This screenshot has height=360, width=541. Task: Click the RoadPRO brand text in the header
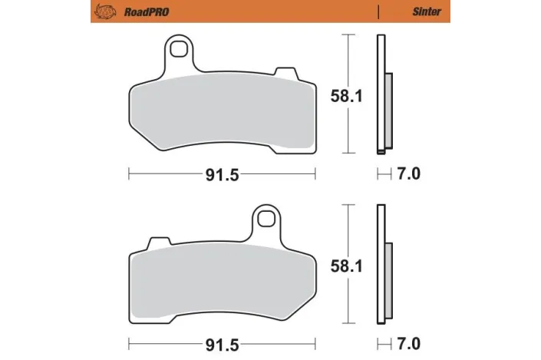pyautogui.click(x=143, y=12)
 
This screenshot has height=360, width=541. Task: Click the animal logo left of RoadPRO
pyautogui.click(x=103, y=12)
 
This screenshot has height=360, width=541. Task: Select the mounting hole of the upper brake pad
pyautogui.click(x=181, y=51)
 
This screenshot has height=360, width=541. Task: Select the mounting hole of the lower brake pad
pyautogui.click(x=266, y=220)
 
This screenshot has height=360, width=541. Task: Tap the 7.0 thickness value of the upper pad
pyautogui.click(x=409, y=174)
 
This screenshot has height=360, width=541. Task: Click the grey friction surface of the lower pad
pyautogui.click(x=222, y=280)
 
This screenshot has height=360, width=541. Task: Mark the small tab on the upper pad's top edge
pyautogui.click(x=286, y=72)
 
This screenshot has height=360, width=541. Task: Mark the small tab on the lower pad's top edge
pyautogui.click(x=157, y=243)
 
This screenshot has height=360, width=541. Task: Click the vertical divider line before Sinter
pyautogui.click(x=378, y=12)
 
